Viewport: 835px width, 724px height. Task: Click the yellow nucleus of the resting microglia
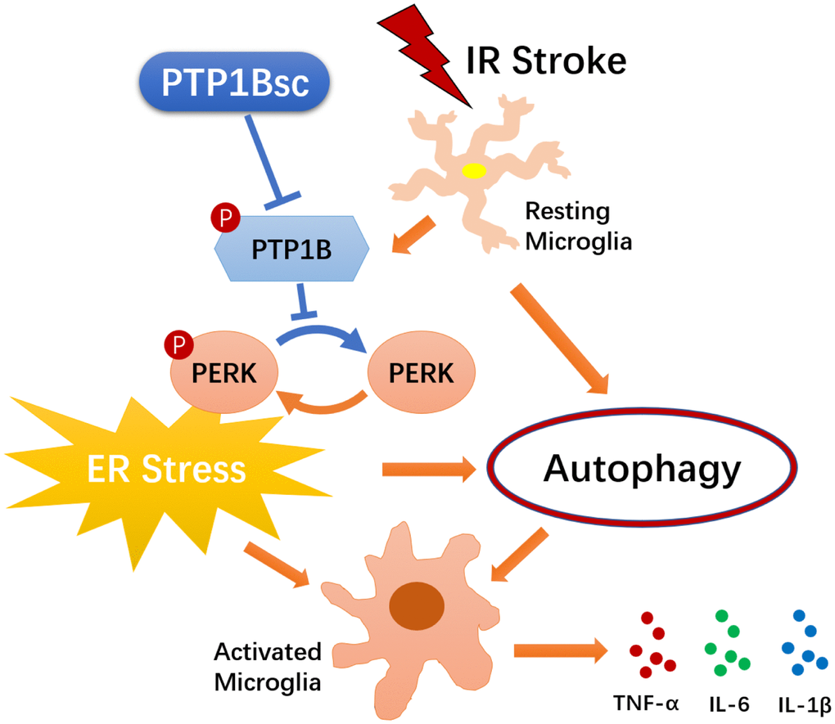tap(474, 171)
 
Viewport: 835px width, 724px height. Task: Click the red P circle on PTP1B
tap(223, 217)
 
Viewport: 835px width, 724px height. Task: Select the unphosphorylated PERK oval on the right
tap(422, 373)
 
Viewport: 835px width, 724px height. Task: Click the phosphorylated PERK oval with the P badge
tap(223, 374)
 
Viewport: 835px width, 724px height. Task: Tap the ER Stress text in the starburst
tap(167, 469)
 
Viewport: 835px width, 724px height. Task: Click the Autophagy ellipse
tap(642, 470)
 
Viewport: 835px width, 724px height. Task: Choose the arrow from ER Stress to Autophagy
tap(428, 470)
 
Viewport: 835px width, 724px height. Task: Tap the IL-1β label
tap(803, 702)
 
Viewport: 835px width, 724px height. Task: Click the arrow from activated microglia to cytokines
tap(561, 650)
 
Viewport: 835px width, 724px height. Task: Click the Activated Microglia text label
tap(268, 666)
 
